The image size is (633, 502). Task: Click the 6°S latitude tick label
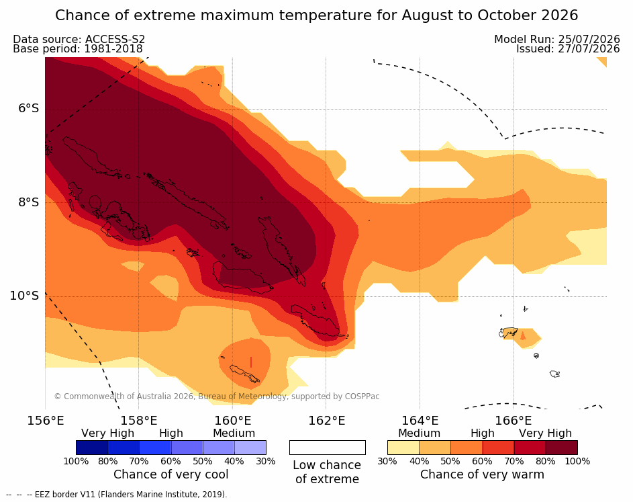(x=29, y=109)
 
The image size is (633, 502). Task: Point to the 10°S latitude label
(x=25, y=296)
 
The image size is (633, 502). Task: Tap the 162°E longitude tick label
(x=327, y=421)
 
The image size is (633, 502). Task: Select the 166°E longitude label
(x=513, y=421)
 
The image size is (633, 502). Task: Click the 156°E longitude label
(x=46, y=421)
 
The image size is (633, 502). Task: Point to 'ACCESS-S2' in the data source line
(x=115, y=39)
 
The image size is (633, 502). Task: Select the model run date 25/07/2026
(x=589, y=39)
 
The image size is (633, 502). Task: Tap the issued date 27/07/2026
(x=589, y=49)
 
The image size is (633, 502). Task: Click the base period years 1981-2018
(x=113, y=49)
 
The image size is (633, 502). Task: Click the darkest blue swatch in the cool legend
(x=92, y=448)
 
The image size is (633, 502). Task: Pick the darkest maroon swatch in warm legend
(x=562, y=448)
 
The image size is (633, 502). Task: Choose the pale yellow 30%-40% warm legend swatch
(x=403, y=448)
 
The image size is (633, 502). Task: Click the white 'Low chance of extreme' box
(x=328, y=448)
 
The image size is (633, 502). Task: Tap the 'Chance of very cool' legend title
(x=171, y=474)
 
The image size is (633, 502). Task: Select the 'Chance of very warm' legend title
(x=483, y=474)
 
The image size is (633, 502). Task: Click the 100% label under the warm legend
(x=577, y=461)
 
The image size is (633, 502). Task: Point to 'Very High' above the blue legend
(x=108, y=433)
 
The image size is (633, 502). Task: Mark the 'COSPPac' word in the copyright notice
(x=362, y=396)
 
